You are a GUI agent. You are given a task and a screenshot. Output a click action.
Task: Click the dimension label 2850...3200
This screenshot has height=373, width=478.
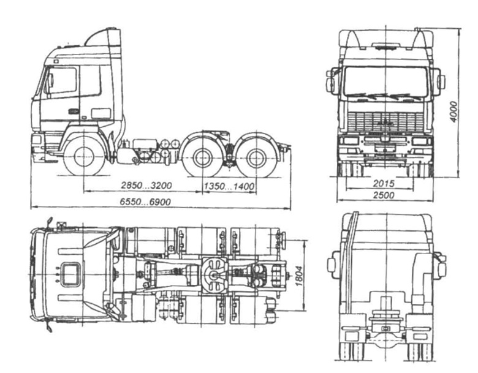pos(146,186)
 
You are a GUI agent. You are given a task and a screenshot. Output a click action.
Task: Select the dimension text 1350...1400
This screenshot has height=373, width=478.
pos(229,186)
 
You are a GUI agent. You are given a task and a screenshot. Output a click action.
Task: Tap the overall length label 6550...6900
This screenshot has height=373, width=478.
pos(145,202)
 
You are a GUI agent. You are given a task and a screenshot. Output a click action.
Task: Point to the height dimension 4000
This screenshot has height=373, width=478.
pos(454,112)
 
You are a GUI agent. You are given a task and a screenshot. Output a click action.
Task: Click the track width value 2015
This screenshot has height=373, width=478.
pos(384,184)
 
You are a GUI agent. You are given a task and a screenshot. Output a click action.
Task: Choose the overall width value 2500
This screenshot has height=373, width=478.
pos(384,195)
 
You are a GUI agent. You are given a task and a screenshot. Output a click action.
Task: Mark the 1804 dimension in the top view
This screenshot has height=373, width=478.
pos(299,276)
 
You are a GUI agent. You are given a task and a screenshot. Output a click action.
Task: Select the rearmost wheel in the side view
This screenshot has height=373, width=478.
pos(256,159)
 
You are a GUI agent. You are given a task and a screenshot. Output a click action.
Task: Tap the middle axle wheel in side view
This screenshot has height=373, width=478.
pos(202,158)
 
